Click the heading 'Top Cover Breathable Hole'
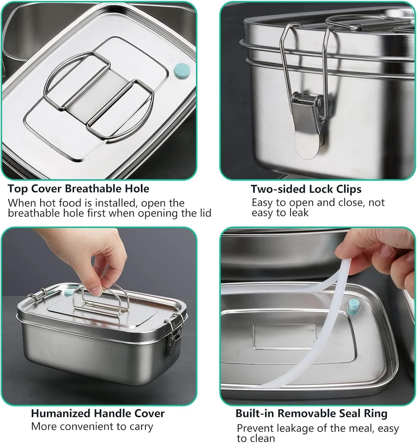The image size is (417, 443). coord(78,189)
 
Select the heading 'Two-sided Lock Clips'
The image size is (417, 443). coord(306,189)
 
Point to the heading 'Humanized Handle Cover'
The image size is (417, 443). coord(98,413)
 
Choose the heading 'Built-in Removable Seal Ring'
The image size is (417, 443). coord(311,413)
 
